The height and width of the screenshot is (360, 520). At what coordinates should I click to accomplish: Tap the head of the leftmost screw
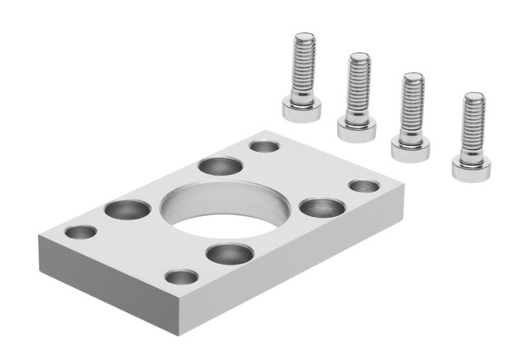pyautogui.click(x=302, y=109)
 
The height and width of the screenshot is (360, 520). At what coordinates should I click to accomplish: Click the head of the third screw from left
pyautogui.click(x=411, y=148)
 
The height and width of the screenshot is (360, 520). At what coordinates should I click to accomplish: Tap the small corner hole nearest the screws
pyautogui.click(x=264, y=146)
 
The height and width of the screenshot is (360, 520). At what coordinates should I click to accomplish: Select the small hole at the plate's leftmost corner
pyautogui.click(x=81, y=232)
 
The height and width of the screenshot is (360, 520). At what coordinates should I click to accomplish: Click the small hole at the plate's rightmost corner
pyautogui.click(x=364, y=186)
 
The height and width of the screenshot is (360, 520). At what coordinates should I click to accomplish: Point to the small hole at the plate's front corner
pyautogui.click(x=181, y=277)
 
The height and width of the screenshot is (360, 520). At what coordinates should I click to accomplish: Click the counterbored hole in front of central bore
pyautogui.click(x=230, y=253)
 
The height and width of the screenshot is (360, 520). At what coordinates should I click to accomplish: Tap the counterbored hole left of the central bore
pyautogui.click(x=127, y=209)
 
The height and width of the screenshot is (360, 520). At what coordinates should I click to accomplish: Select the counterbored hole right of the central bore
pyautogui.click(x=322, y=207)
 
